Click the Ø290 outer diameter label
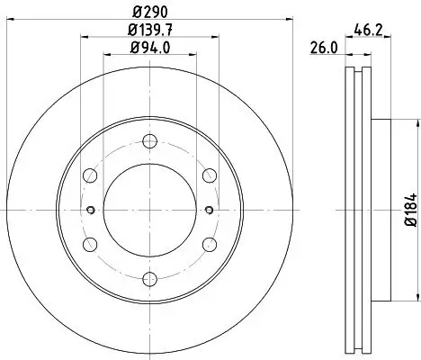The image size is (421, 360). [x=148, y=12]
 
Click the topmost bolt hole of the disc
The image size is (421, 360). [x=149, y=140]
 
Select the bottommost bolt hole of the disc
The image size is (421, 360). [x=149, y=280]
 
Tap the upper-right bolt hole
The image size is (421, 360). [x=209, y=175]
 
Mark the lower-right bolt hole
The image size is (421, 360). [x=209, y=245]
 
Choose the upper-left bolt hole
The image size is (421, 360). [x=89, y=175]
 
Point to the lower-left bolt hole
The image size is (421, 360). [x=89, y=245]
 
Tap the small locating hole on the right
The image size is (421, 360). [x=209, y=211]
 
